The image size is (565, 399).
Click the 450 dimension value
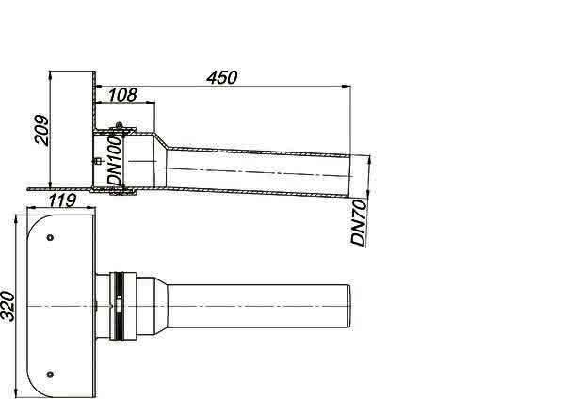(x=222, y=78)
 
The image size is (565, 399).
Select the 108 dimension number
(x=122, y=95)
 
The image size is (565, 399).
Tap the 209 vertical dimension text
(x=41, y=130)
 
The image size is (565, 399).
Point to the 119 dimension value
(x=62, y=200)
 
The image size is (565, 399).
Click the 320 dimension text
(x=8, y=307)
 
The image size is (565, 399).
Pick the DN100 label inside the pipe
(x=115, y=161)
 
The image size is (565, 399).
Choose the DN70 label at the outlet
(x=359, y=223)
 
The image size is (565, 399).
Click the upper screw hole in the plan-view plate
(x=51, y=238)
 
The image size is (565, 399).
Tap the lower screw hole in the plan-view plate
(x=51, y=375)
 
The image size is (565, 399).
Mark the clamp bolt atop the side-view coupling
(x=119, y=126)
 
